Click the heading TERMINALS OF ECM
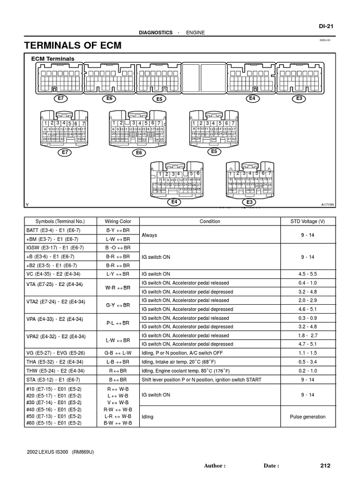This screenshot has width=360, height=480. pos(73,45)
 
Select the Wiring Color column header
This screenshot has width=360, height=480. pos(118,221)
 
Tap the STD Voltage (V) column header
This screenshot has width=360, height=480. pos(307,221)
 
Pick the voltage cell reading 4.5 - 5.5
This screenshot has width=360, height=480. pos(307,274)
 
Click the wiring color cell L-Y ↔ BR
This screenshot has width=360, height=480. pos(118,274)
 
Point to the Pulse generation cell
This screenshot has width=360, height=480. pos(307,416)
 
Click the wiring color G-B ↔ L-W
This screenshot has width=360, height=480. pos(118,352)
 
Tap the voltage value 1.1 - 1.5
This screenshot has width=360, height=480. pos(307,352)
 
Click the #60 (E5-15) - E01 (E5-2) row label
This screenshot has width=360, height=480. pos(54,423)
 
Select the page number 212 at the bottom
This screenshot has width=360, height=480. pos(325,465)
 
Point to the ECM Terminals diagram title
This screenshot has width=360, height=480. pos(52,59)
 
